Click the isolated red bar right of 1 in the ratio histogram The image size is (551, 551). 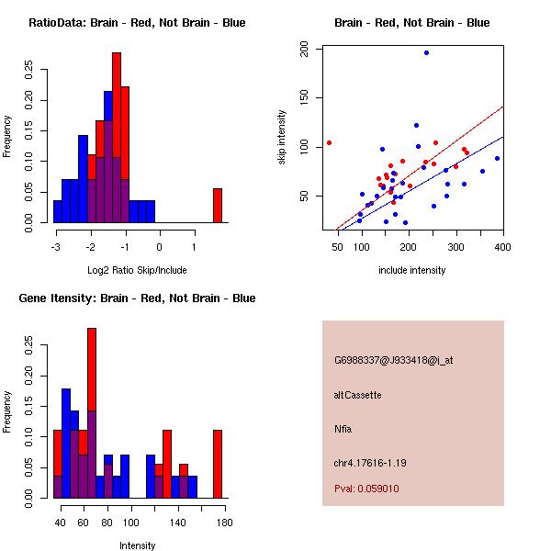(218, 205)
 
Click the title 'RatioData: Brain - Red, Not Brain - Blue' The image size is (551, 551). (137, 23)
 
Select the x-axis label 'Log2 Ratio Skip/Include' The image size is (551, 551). (137, 271)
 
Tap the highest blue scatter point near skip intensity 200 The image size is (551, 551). (426, 52)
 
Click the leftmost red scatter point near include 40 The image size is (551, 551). (329, 142)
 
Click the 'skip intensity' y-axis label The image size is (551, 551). (283, 138)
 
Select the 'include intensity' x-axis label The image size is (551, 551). (411, 271)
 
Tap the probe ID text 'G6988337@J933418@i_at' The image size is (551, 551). (393, 360)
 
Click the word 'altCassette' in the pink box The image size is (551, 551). (357, 395)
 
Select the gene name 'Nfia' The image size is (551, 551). (343, 429)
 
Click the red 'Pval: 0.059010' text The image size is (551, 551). (366, 489)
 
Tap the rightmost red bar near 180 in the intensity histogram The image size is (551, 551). (218, 464)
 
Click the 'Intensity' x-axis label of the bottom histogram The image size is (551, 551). (137, 546)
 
